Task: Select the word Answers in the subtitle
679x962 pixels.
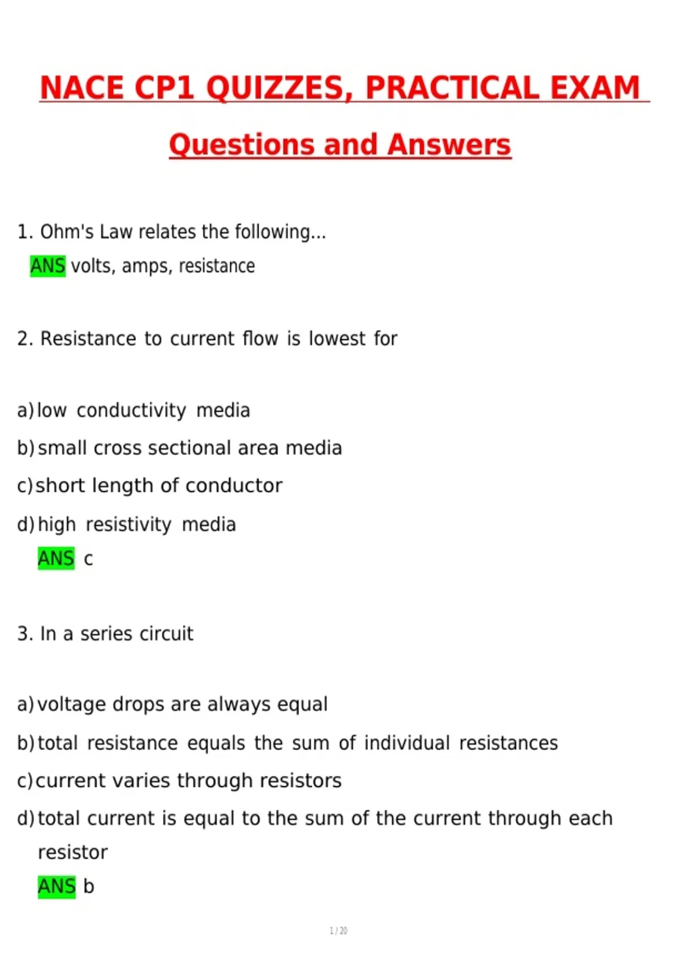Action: [x=449, y=145]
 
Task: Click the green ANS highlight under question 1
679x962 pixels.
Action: [x=48, y=265]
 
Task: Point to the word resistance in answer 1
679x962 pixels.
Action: [x=217, y=265]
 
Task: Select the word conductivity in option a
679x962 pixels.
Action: [x=131, y=410]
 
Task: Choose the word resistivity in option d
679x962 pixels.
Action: [x=128, y=525]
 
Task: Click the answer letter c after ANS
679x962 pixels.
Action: [x=88, y=559]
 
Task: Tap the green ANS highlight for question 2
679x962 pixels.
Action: [x=56, y=559]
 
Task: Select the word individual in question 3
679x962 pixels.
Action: [x=407, y=743]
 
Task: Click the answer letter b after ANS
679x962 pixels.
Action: [x=89, y=886]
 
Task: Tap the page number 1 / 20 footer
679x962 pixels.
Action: [x=338, y=931]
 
